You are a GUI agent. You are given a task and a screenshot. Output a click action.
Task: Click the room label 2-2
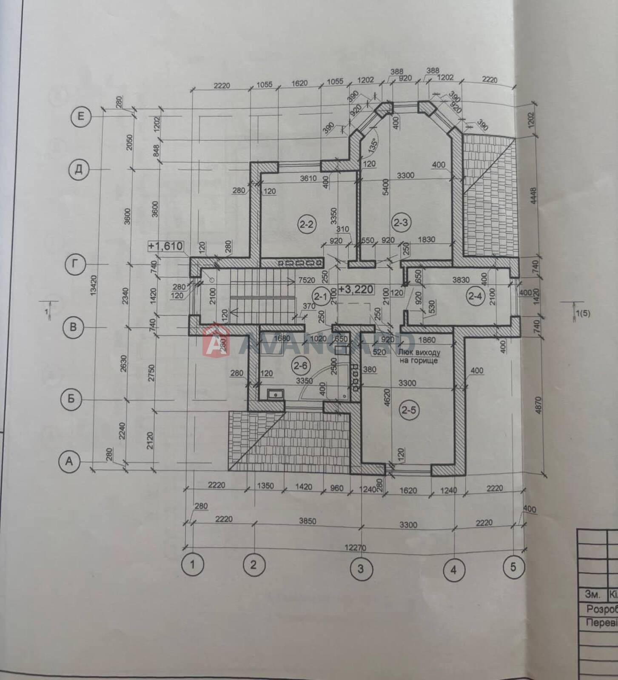tap(306, 224)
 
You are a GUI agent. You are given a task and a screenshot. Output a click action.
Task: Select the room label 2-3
tap(400, 222)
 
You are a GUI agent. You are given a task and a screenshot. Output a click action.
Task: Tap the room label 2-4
tap(475, 296)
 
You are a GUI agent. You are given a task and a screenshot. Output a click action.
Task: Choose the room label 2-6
tap(300, 365)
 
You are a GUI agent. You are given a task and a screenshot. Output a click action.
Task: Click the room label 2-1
tap(320, 295)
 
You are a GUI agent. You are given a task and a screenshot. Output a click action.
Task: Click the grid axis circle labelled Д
tap(79, 170)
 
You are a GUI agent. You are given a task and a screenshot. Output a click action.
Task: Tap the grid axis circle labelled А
tap(69, 461)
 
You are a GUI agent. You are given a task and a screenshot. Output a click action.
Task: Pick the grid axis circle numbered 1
tap(192, 565)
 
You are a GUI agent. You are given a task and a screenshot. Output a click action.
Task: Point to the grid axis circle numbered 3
tap(361, 569)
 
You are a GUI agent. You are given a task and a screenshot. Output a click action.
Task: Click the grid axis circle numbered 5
tap(513, 567)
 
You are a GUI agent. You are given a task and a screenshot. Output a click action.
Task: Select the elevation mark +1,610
tap(166, 246)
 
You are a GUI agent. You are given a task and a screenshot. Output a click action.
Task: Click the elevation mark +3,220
tap(356, 290)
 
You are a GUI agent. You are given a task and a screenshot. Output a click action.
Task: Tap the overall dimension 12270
tap(355, 548)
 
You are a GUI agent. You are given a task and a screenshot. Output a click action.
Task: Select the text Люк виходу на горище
tap(419, 357)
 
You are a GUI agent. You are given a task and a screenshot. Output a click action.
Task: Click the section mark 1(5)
tap(582, 314)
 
